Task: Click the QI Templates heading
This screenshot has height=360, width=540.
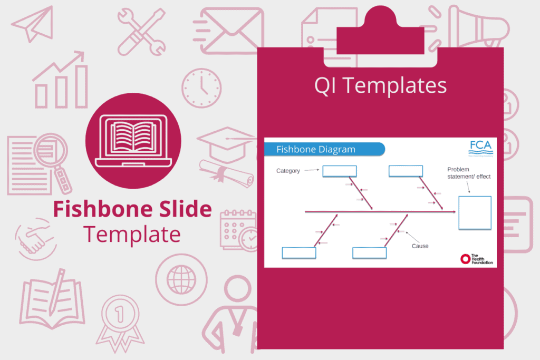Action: (x=380, y=86)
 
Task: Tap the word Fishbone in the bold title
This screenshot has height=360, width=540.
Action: (x=98, y=210)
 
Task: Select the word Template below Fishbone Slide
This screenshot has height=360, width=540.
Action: (x=132, y=233)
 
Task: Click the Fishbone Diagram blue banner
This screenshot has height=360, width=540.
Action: (x=324, y=149)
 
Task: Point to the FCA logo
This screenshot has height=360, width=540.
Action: (x=481, y=147)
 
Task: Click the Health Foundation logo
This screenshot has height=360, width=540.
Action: (x=476, y=258)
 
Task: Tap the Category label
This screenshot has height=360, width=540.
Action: (x=288, y=171)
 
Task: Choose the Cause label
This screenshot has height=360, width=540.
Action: (x=420, y=246)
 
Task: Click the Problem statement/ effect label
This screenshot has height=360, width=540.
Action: (x=468, y=173)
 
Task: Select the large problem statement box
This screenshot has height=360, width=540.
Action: (x=475, y=212)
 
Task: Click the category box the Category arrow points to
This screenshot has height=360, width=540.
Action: (x=340, y=171)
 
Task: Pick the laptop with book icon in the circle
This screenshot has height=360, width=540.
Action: (x=133, y=141)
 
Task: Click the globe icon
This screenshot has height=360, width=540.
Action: (x=180, y=276)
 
